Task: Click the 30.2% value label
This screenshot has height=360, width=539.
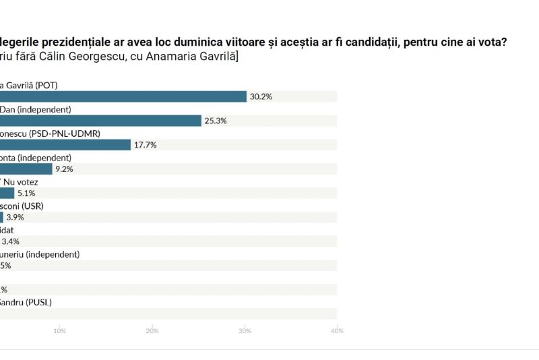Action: tap(261, 96)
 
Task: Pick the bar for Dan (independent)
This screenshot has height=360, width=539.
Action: tap(101, 121)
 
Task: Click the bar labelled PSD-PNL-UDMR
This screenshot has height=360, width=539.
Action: tap(65, 145)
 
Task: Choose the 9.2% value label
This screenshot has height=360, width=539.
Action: tap(64, 169)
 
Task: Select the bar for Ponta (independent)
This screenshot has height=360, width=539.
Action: tap(26, 169)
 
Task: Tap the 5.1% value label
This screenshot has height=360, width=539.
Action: tap(26, 193)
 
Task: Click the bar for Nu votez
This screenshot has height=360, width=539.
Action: tap(7, 193)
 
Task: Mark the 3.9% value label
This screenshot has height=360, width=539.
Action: tap(15, 217)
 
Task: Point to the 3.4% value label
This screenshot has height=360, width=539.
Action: tap(11, 241)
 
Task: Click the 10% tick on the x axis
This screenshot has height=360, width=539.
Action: tap(59, 330)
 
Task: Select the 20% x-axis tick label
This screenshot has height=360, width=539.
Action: tap(152, 330)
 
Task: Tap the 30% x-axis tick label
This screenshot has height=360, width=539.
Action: tap(245, 330)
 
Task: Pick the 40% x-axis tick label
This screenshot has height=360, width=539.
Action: tap(338, 330)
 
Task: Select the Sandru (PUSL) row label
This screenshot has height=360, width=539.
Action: tap(26, 303)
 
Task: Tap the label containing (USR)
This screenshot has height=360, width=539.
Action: tap(22, 206)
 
